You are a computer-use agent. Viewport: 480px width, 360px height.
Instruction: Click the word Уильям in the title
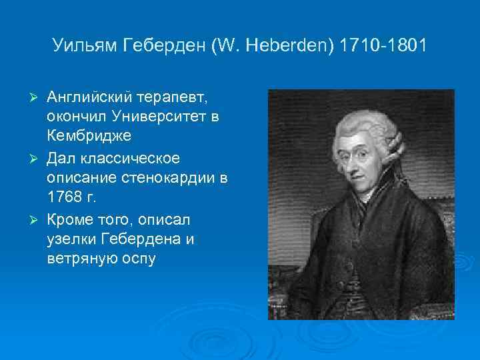(x=84, y=47)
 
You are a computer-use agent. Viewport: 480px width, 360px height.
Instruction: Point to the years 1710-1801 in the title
(x=381, y=47)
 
